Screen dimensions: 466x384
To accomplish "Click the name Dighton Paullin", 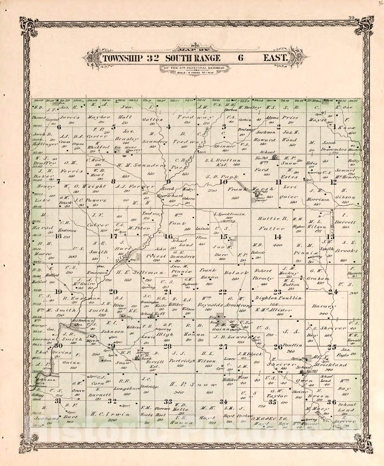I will pos(278,299).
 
